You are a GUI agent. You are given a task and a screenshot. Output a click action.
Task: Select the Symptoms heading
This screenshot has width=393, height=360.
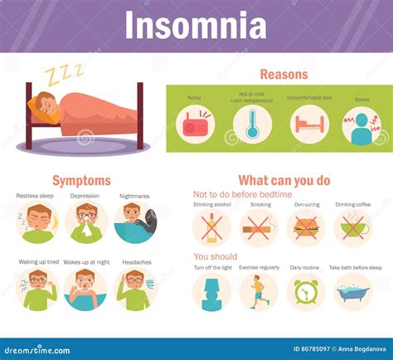pos(81,180)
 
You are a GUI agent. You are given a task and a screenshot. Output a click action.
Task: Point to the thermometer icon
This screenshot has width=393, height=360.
pos(251,124)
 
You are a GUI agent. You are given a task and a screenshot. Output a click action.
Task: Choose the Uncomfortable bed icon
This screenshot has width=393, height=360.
pos(309,124)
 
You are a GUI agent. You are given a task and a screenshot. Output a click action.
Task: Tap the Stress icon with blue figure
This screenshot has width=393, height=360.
pos(362,124)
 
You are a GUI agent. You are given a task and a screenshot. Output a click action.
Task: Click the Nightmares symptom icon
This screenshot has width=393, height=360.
pos(134,222)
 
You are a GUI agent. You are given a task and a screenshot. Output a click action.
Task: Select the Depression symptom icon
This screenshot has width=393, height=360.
pos(86,222)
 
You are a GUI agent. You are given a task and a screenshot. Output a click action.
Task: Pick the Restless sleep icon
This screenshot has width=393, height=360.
pos(37,222)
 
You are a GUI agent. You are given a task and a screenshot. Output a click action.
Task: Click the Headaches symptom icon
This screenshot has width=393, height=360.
pos(135,289)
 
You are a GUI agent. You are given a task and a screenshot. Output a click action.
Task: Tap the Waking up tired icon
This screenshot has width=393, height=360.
pos(37,289)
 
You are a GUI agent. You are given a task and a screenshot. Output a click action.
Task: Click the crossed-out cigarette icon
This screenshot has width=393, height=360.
pos(259,226)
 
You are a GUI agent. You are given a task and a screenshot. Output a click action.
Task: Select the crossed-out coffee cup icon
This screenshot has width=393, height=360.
pos(354,226)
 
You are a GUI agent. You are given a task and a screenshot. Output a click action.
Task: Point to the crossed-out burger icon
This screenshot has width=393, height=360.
pos(307,226)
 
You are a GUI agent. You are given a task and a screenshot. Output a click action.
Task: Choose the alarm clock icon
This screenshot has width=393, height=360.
pos(307,292)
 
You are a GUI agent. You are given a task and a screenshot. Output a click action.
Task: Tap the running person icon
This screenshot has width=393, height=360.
pos(259,292)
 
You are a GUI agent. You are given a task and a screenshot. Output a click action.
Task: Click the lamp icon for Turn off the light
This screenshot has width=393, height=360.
pos(211,292)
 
